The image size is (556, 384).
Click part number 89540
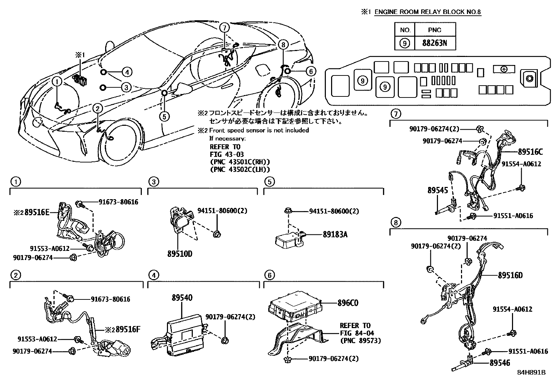click(182, 298)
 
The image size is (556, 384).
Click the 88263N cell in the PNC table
click(435, 43)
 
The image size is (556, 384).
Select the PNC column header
click(435, 30)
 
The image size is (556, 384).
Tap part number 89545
click(437, 190)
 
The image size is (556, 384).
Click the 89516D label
click(510, 275)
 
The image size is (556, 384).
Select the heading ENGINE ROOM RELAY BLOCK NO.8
click(428, 12)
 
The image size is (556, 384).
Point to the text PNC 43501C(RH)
click(240, 162)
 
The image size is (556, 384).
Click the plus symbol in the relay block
click(504, 69)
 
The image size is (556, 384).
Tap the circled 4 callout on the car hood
click(127, 72)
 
